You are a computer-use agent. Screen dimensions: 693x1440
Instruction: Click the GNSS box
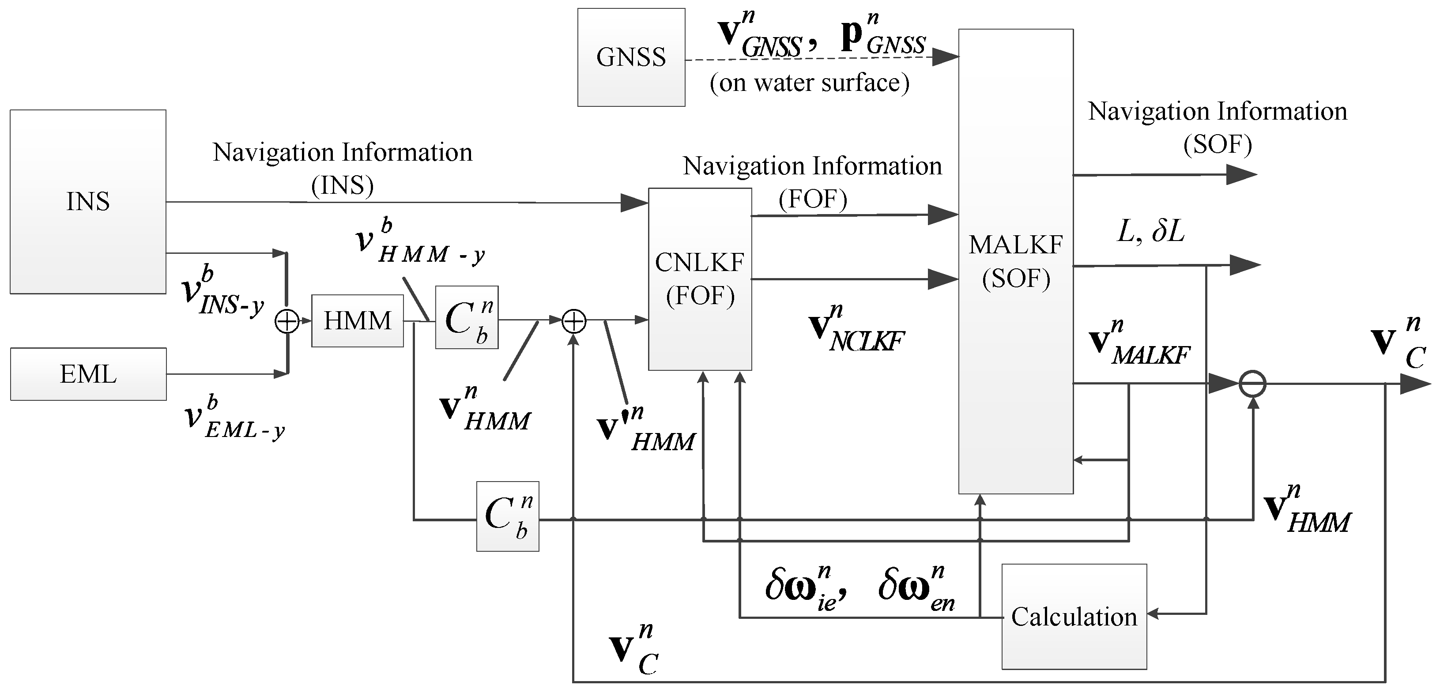[x=631, y=57]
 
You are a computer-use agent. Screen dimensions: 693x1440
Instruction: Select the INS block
[x=88, y=201]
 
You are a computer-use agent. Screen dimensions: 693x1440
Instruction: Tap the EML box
[x=88, y=374]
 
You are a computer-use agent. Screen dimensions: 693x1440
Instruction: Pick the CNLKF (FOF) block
[x=700, y=279]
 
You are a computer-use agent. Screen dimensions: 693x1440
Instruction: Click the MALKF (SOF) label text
[x=1016, y=262]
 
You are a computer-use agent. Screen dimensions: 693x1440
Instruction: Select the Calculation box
[x=1074, y=617]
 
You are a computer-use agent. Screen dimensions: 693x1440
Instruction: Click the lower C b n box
[x=508, y=516]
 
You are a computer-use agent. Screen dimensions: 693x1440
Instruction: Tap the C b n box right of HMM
[x=467, y=317]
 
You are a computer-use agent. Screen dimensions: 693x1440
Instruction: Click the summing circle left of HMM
[x=287, y=321]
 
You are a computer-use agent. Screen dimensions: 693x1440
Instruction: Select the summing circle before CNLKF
[x=573, y=321]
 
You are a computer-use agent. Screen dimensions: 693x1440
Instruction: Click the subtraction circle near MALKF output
[x=1253, y=384]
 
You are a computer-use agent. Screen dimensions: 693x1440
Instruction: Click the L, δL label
[x=1151, y=231]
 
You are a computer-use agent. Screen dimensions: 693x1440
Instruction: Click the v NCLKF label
[x=857, y=330]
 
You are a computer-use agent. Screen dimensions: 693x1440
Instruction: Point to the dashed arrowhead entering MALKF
[x=946, y=56]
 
